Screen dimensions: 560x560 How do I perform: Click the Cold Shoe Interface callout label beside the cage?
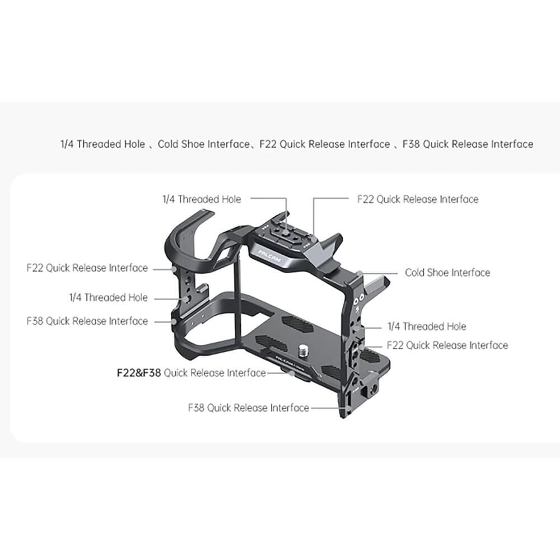447,273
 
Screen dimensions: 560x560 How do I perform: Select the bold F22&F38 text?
138,373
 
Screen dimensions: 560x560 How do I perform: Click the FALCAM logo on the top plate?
269,257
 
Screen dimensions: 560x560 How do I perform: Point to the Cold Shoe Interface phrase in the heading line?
204,144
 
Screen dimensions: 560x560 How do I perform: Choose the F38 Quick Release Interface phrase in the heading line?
468,144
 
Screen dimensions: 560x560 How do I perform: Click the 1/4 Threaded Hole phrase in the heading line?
103,144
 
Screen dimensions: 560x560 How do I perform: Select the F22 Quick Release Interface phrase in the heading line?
325,144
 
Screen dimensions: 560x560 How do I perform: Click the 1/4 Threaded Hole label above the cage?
202,199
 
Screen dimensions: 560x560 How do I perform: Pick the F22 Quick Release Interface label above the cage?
418,199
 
